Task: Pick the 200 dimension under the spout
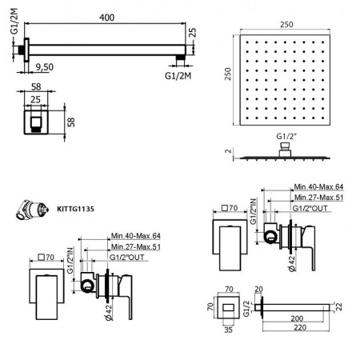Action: [x=298, y=317]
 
